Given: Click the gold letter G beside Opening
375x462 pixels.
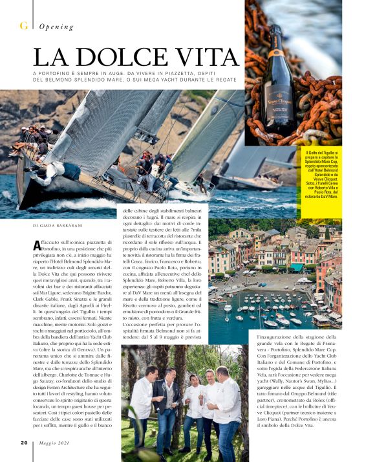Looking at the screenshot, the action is click(24, 26).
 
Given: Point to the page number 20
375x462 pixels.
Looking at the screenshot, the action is click(23, 443).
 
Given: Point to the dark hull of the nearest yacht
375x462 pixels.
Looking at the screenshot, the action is click(45, 197).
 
